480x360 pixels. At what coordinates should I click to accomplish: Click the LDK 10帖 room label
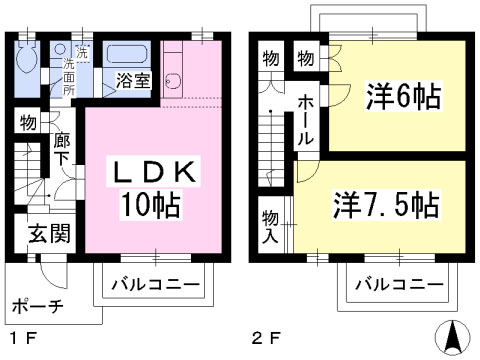point(152,188)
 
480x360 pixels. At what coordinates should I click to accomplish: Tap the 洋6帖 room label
point(403,96)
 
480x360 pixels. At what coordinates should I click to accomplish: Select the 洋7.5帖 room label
point(386,204)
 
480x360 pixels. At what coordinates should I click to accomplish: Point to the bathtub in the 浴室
point(127,54)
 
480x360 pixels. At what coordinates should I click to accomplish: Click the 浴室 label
point(133,80)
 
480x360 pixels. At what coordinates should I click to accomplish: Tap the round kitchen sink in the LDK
point(173,81)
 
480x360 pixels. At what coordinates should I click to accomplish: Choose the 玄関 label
point(49,233)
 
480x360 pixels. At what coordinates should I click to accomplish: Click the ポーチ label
point(37,306)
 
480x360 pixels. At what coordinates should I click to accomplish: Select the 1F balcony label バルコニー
point(155,284)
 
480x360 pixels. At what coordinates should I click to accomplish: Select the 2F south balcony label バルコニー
point(399,284)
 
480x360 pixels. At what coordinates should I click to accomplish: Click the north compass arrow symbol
point(453,337)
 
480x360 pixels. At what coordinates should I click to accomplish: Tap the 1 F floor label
point(22,339)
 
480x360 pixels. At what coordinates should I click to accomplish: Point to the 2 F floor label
point(266,339)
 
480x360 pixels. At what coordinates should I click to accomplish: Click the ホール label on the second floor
point(306,120)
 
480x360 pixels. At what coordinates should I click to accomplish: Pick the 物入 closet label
point(270,227)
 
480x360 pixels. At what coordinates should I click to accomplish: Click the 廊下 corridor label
point(62,150)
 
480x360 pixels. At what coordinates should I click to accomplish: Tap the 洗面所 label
point(69,77)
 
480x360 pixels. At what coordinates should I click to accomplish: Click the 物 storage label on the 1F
point(28,123)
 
